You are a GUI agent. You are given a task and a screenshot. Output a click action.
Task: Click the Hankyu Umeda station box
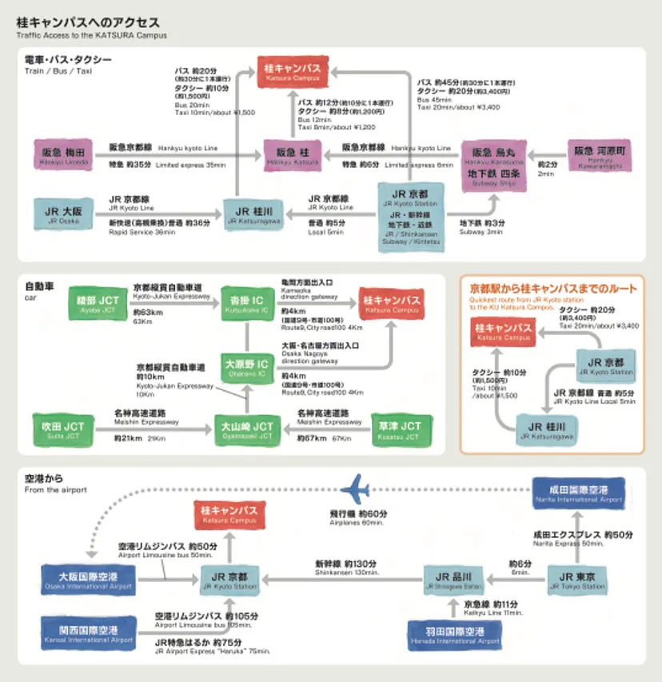pos(64,154)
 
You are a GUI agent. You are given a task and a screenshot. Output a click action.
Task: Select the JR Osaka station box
pos(63,213)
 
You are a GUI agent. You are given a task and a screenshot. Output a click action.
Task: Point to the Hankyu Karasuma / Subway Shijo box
pos(496,166)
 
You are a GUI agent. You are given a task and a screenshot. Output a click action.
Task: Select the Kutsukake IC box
pos(245,302)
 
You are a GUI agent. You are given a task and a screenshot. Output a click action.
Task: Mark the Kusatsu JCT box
pos(400,430)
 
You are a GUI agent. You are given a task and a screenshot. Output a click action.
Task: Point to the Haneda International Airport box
pos(453,636)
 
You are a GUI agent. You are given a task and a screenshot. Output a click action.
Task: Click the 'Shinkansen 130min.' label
pos(345,572)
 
